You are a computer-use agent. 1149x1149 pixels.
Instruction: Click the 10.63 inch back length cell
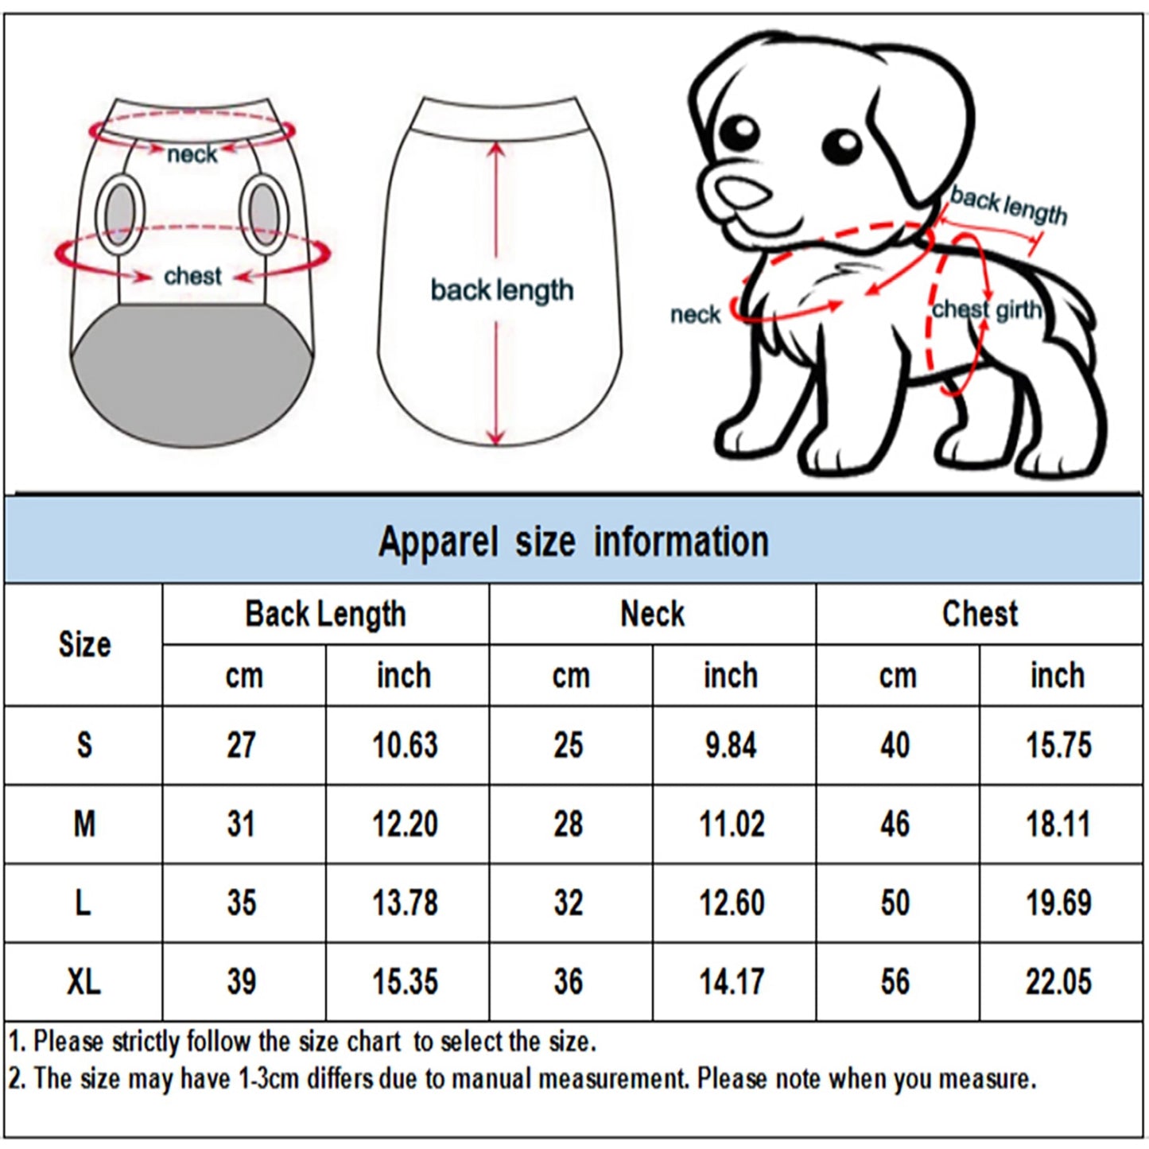click(405, 745)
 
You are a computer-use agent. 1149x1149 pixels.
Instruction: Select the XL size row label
click(83, 981)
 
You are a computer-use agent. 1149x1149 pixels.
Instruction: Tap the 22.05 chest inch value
click(1058, 981)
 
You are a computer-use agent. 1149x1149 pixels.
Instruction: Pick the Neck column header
click(652, 614)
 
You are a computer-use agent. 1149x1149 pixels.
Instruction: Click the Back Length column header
click(325, 614)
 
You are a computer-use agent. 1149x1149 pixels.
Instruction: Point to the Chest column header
click(980, 614)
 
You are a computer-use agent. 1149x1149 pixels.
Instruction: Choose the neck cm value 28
click(569, 824)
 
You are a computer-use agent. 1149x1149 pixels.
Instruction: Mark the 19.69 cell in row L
click(1058, 903)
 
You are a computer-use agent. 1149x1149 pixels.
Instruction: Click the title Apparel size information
click(573, 542)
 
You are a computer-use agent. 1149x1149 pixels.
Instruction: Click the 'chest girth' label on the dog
click(986, 309)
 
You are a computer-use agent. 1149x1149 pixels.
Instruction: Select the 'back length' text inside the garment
click(502, 290)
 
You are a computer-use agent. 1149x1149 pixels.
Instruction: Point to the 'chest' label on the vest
click(192, 276)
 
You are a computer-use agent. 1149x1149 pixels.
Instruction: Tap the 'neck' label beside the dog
click(695, 315)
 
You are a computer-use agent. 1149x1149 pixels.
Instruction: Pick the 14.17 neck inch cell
click(732, 981)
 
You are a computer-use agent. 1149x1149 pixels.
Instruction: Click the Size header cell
click(83, 644)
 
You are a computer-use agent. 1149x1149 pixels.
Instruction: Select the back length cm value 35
click(242, 903)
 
